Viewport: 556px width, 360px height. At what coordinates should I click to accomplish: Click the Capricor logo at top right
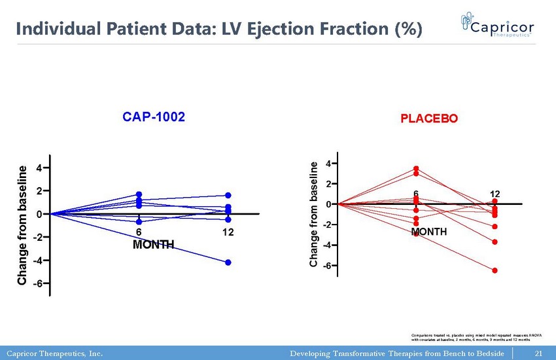497,27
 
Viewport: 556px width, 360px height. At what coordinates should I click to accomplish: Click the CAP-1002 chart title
154,117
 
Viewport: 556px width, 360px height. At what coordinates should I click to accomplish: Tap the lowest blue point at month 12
228,262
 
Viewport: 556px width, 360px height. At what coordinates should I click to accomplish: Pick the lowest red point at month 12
495,270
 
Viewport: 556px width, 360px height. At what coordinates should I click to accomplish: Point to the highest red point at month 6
416,169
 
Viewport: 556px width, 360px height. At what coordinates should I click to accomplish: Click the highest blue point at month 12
228,195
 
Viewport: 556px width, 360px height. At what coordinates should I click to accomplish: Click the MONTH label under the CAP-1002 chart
153,245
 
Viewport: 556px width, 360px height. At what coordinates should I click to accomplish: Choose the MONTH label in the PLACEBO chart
429,232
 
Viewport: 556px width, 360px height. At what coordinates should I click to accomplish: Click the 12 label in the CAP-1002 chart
228,233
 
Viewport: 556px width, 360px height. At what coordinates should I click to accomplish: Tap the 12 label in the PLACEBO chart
495,194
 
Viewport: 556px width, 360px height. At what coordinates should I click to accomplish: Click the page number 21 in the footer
540,354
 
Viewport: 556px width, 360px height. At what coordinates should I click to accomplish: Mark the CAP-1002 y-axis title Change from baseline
23,225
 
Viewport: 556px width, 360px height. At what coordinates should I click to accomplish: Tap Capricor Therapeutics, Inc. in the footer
55,354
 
